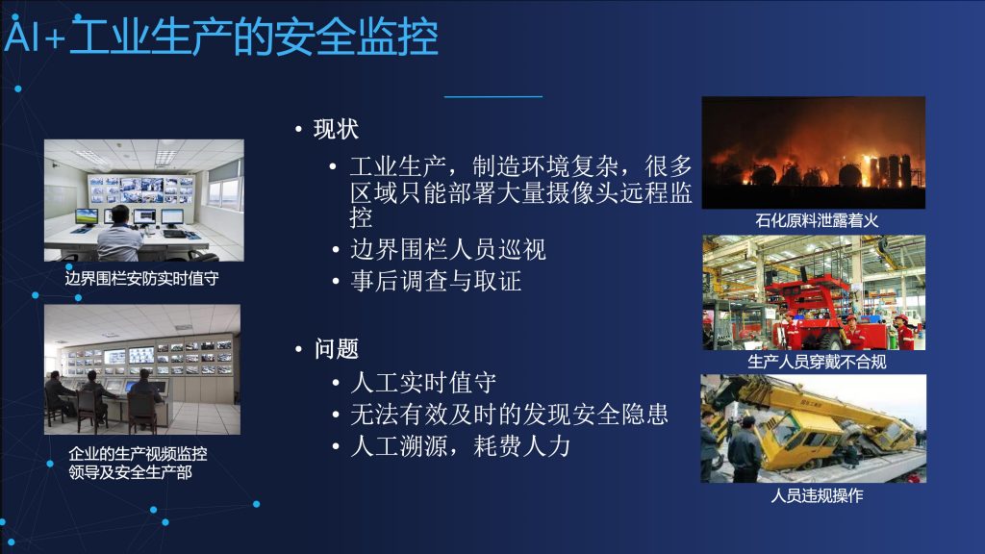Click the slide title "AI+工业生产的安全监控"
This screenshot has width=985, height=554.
pos(221,37)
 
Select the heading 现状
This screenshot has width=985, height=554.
pos(336,130)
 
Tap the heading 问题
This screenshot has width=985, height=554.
pos(337,348)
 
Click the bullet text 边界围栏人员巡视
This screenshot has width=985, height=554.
pos(448,250)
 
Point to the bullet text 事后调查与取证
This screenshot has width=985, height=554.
pos(436,281)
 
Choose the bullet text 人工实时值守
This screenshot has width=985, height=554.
pos(423,383)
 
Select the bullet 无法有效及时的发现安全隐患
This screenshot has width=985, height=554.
pos(510,415)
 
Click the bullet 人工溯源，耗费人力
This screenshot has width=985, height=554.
pos(461,446)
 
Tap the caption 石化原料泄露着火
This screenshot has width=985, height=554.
pos(817,220)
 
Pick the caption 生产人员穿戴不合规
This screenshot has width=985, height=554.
pos(817,362)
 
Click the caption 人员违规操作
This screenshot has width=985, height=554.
pos(817,495)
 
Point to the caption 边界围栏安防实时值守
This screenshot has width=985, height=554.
pos(142,278)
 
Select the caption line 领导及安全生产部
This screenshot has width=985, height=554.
pos(130,472)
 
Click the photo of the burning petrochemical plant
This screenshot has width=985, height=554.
pos(814,153)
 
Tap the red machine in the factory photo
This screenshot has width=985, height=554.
pos(817,308)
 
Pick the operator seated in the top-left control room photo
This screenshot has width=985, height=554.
pos(119,235)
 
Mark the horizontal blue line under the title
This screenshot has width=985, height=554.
pos(493,97)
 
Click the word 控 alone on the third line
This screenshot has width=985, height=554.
pos(362,218)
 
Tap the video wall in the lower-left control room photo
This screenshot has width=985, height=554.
pos(147,359)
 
